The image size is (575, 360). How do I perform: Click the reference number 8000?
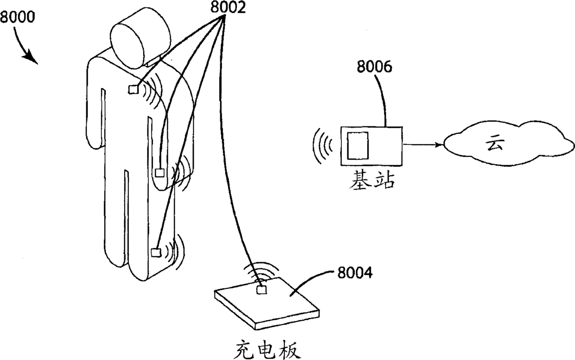(x=18, y=18)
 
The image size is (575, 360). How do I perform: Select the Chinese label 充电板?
(x=265, y=348)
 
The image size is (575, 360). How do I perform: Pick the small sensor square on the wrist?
(x=160, y=173)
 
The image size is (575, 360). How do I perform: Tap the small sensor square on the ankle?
(x=156, y=253)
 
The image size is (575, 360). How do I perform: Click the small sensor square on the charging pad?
(x=262, y=290)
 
